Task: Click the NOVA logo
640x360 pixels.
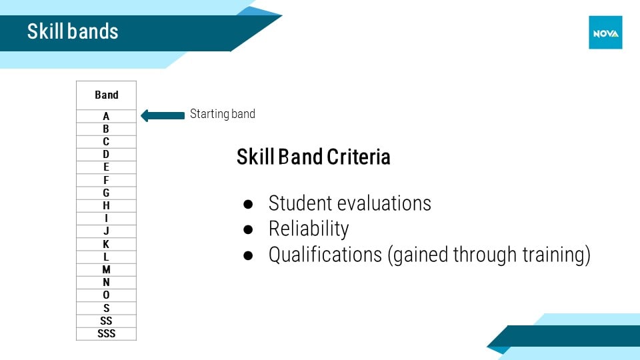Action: click(x=605, y=33)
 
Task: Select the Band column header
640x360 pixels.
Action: click(x=106, y=95)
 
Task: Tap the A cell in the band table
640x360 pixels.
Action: click(x=106, y=116)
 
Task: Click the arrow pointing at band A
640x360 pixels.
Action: click(x=163, y=115)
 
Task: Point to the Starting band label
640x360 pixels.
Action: click(x=223, y=114)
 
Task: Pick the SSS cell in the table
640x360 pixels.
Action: click(x=106, y=333)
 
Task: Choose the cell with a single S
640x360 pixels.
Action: click(x=106, y=308)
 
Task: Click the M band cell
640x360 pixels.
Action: click(x=106, y=270)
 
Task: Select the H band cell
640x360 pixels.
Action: click(x=106, y=206)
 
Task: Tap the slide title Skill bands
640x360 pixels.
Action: click(x=73, y=31)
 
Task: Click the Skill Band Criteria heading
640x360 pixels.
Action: click(x=313, y=157)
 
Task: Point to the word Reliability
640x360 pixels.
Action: click(x=309, y=229)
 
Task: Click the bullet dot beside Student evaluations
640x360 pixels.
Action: click(x=248, y=204)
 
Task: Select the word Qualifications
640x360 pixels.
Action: click(x=325, y=255)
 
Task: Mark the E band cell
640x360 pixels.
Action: click(x=106, y=167)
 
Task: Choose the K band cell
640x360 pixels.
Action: click(x=106, y=244)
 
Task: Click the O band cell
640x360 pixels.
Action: click(x=106, y=295)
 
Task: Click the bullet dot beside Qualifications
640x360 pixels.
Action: click(x=248, y=255)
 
